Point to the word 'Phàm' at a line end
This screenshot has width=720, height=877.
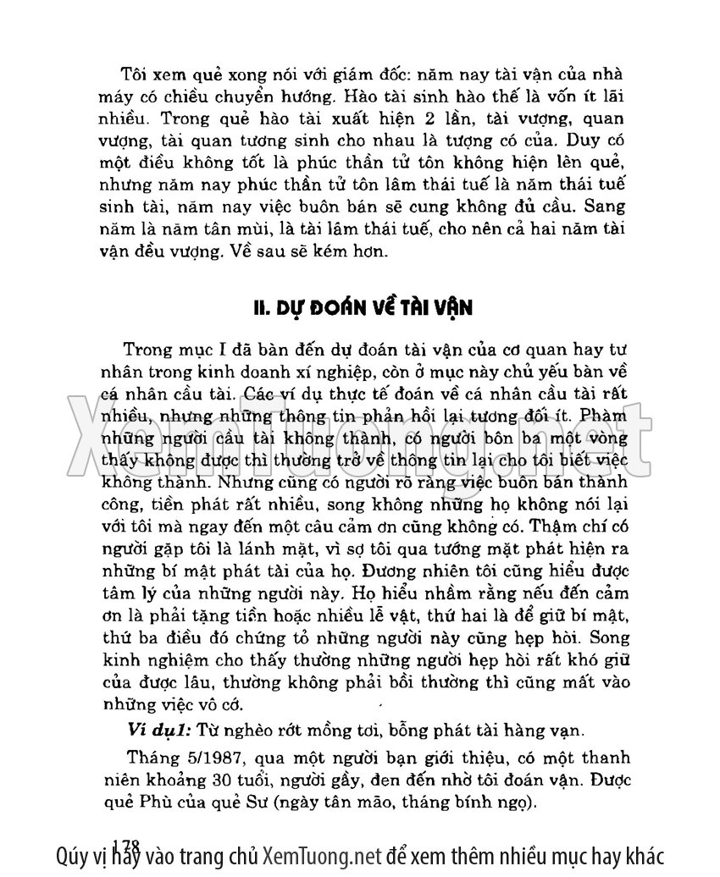click(x=606, y=416)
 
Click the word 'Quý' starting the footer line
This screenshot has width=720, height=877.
click(x=69, y=856)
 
